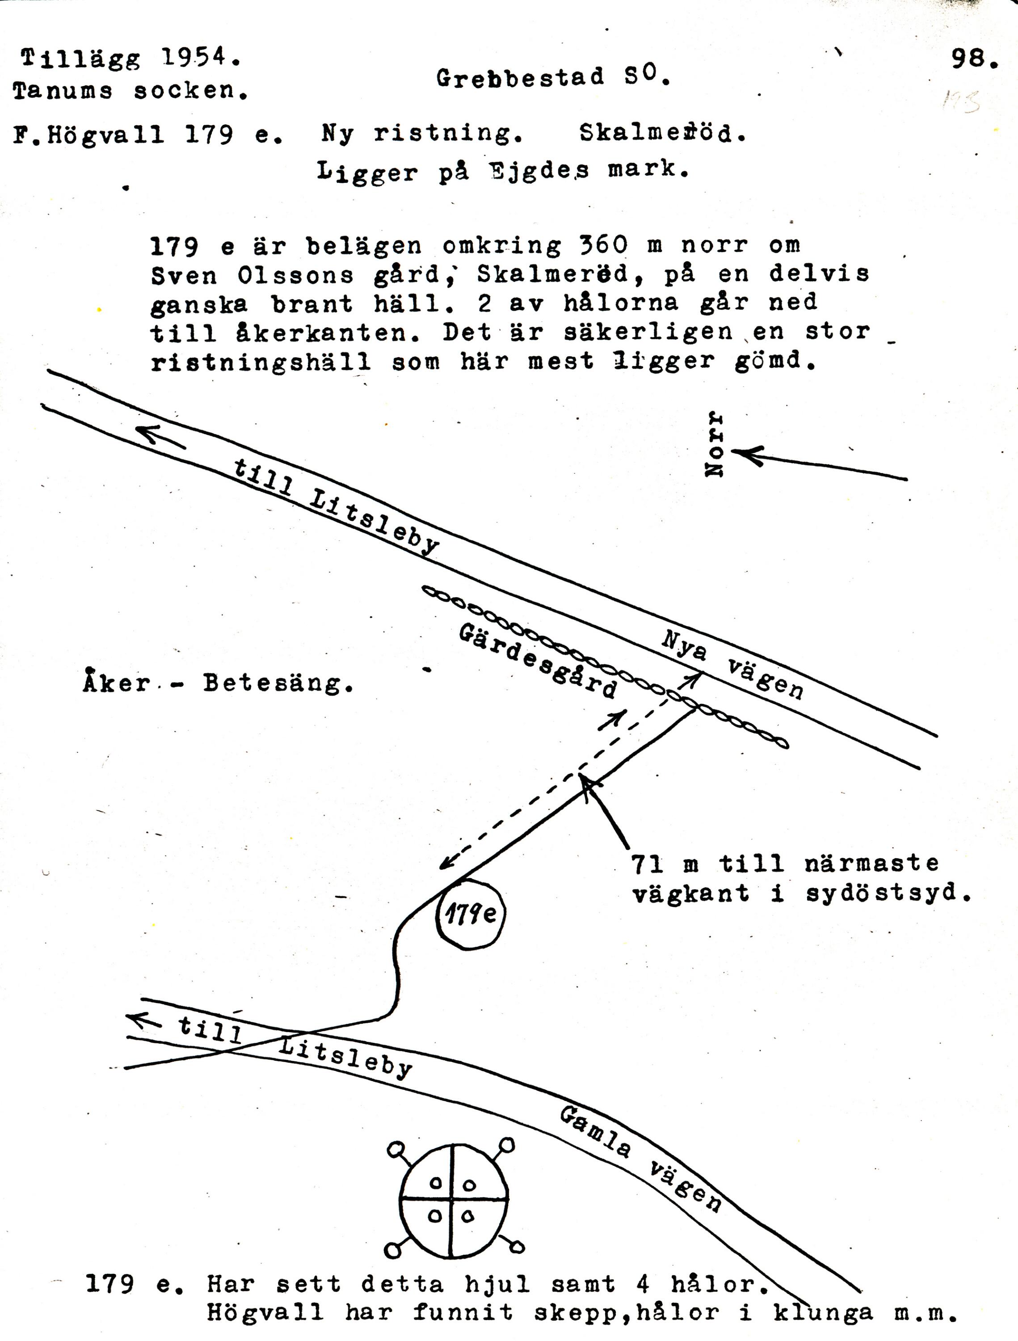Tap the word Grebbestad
520,78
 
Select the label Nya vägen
732,664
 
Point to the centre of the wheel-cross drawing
452,1200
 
